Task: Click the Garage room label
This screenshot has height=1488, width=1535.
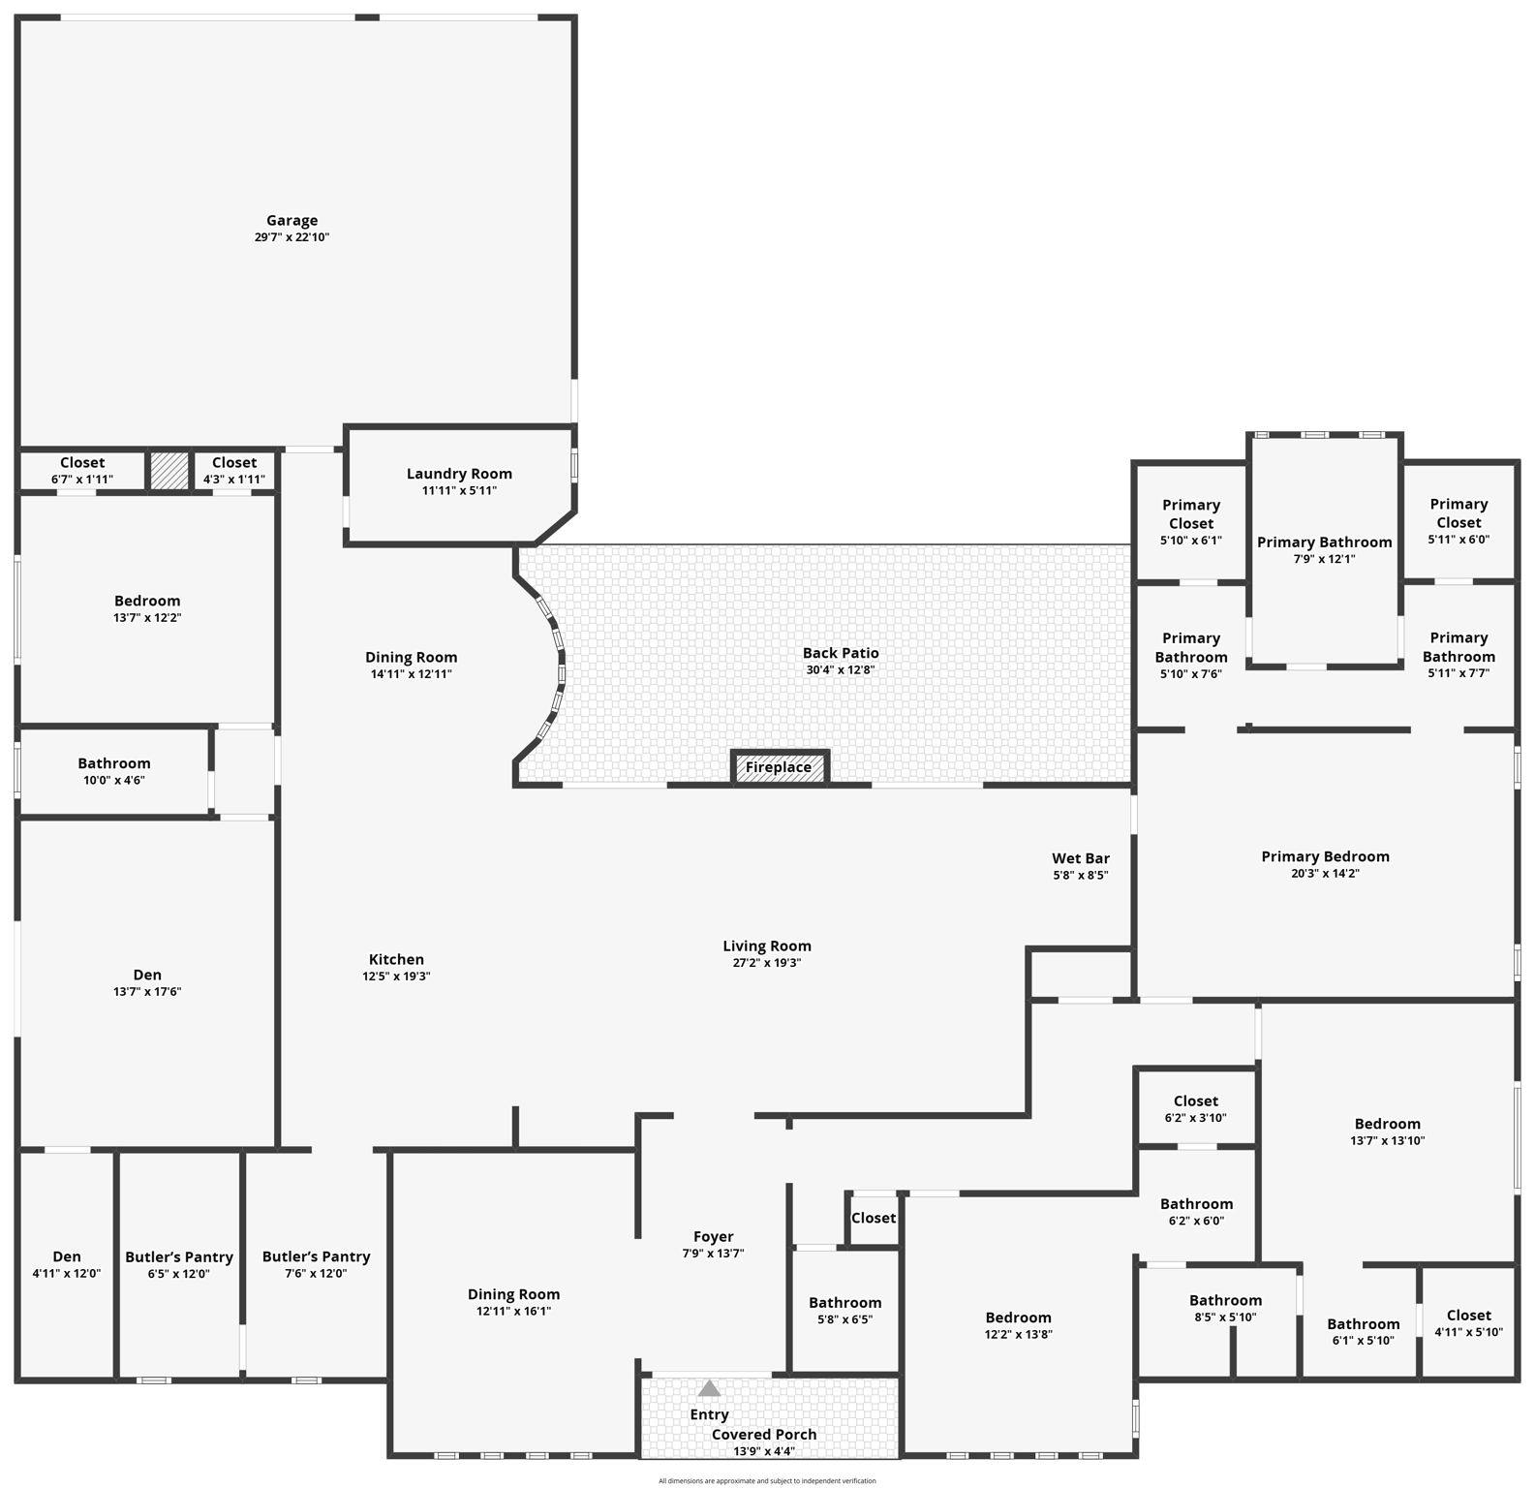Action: point(292,220)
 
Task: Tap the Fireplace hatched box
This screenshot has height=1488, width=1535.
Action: point(779,767)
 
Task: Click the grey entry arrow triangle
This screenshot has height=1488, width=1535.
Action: point(709,1388)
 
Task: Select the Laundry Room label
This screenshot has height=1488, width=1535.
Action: point(459,474)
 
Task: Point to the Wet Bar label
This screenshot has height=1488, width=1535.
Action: point(1081,858)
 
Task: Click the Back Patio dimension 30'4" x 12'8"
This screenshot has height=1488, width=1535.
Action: point(841,669)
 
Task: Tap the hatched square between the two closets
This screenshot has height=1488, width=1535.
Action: point(169,471)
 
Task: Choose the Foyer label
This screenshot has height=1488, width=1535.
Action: point(713,1236)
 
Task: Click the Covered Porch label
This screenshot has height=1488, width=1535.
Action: point(764,1434)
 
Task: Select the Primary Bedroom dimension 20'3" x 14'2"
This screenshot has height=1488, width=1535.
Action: point(1325,873)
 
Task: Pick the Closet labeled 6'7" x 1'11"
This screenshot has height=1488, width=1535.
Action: point(82,470)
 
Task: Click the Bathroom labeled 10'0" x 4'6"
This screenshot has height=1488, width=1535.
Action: point(114,770)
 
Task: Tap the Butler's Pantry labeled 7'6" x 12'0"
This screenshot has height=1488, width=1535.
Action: point(316,1264)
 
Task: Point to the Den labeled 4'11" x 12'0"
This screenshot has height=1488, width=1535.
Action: point(67,1264)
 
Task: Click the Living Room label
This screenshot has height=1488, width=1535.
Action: point(767,945)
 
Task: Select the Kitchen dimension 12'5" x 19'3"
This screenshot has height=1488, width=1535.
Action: point(396,976)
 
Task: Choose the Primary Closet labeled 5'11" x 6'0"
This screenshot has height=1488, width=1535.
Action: point(1458,521)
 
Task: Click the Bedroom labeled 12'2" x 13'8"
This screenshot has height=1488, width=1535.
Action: point(1018,1324)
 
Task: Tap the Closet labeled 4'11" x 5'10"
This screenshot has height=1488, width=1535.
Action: point(1468,1322)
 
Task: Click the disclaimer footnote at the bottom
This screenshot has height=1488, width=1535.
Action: point(767,1480)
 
